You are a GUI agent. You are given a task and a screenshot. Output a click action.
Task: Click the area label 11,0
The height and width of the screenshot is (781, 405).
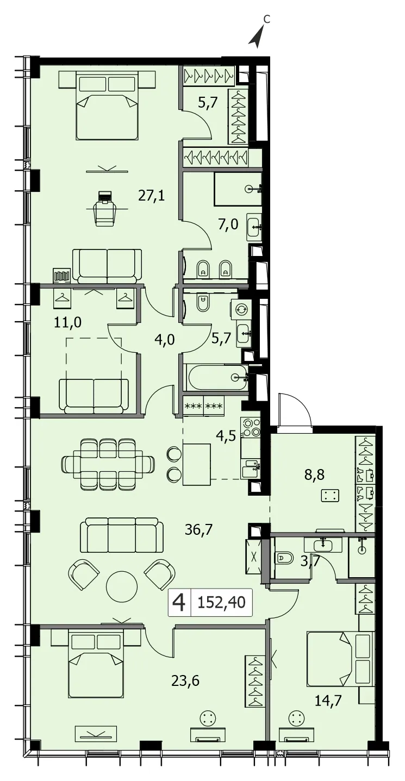coord(67,322)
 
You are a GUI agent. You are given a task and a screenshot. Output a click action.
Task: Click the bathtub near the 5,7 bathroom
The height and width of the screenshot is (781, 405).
coord(216,377)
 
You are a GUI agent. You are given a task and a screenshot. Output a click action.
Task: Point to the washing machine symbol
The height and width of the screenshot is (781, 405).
coord(241,309)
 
